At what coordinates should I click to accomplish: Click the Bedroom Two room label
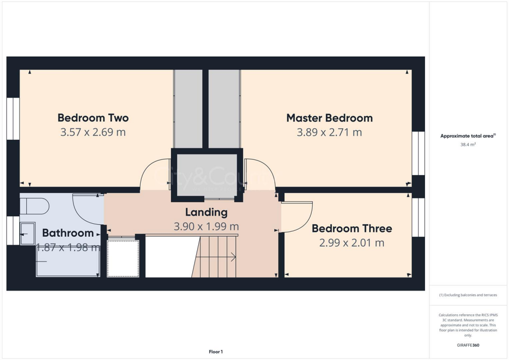pos(93,118)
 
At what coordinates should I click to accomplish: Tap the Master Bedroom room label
pos(329,118)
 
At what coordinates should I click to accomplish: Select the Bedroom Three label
pos(351,229)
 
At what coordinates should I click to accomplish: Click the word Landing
pos(206,212)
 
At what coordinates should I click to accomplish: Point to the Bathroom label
pos(68,233)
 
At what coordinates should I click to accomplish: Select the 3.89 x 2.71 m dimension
pos(329,132)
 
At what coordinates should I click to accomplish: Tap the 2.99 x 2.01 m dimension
pos(351,243)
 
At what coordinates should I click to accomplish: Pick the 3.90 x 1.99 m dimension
pos(206,226)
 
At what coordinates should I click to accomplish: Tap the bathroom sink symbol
pos(27,233)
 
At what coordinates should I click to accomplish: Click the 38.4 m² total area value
pos(468,145)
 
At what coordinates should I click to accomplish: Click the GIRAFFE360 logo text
pos(468,345)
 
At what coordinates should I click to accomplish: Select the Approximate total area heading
pos(468,136)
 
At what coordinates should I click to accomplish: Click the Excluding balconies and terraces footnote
pos(468,295)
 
